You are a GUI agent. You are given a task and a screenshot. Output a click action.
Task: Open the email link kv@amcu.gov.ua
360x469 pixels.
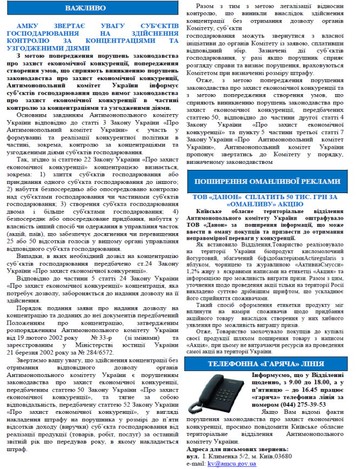(228, 464)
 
